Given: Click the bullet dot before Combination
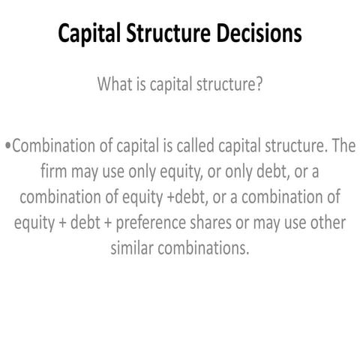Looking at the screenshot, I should tap(7, 148).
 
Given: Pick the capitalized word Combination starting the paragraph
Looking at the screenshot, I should tap(60, 147).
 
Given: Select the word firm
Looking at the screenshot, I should tap(54, 172).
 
